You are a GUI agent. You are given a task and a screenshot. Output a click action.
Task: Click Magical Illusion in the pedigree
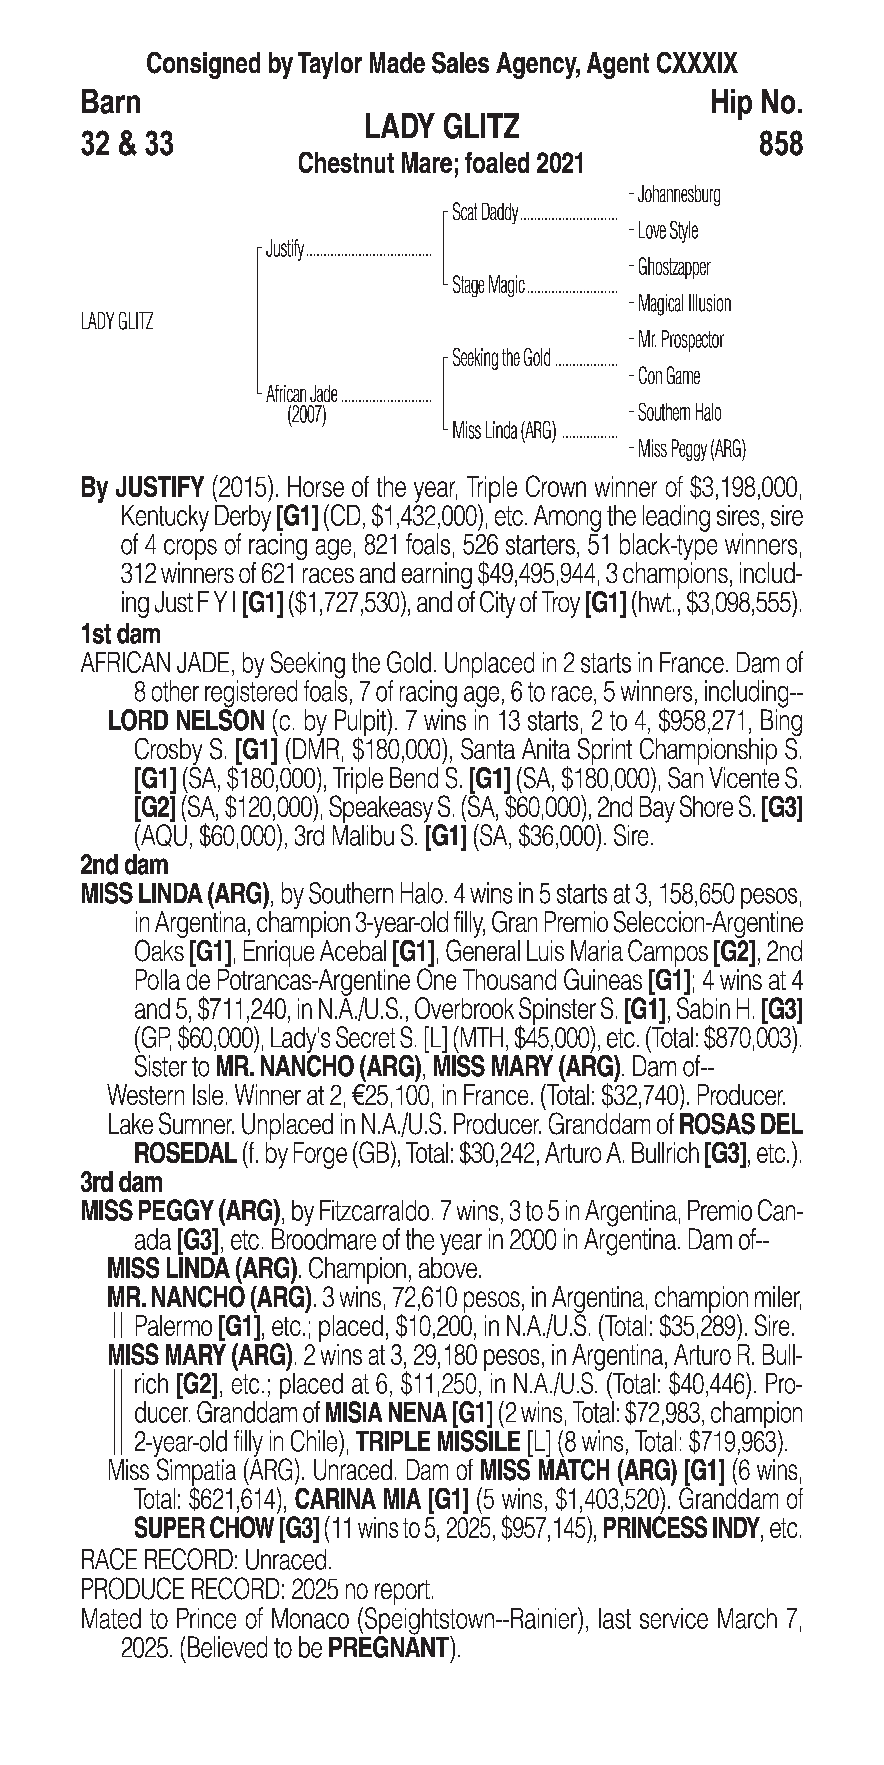point(684,304)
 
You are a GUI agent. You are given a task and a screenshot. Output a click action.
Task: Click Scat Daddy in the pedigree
point(484,213)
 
